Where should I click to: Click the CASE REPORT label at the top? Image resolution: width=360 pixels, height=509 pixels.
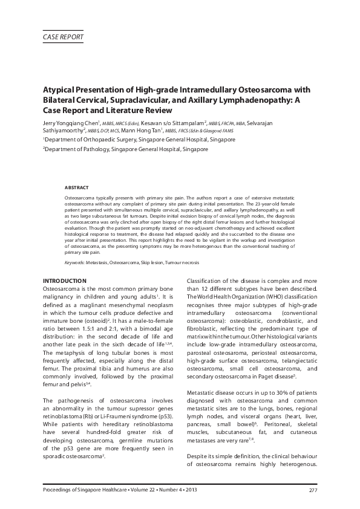[63, 37]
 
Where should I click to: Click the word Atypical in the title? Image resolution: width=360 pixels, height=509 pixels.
[61, 89]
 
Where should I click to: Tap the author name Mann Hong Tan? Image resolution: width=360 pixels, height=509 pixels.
[138, 131]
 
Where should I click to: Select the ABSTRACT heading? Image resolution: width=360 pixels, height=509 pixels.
[77, 187]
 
